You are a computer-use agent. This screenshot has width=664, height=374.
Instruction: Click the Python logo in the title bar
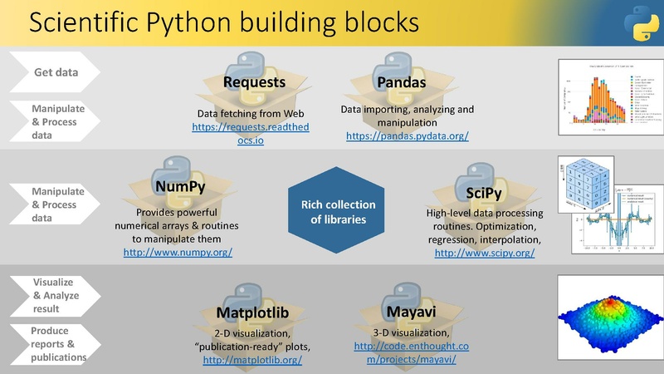tap(640, 24)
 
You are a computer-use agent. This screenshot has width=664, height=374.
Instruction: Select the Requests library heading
tap(255, 82)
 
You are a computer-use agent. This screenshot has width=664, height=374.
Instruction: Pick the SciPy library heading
tap(476, 193)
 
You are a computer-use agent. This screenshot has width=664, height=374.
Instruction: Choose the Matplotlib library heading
tap(252, 312)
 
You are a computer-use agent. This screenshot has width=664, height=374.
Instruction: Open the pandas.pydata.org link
tap(407, 135)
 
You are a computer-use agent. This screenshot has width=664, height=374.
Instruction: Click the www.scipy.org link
tap(485, 252)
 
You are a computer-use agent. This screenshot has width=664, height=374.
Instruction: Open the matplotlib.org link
tap(252, 360)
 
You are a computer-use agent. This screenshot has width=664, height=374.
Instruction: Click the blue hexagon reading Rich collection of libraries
tap(331, 212)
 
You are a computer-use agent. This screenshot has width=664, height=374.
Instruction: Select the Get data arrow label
tap(56, 72)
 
